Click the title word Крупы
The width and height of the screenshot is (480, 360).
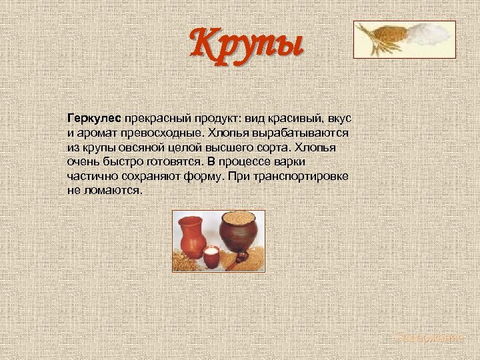click(x=247, y=43)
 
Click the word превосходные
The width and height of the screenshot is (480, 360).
click(x=165, y=133)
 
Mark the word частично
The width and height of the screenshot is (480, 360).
click(x=92, y=176)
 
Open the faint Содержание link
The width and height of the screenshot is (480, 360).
click(x=428, y=338)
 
